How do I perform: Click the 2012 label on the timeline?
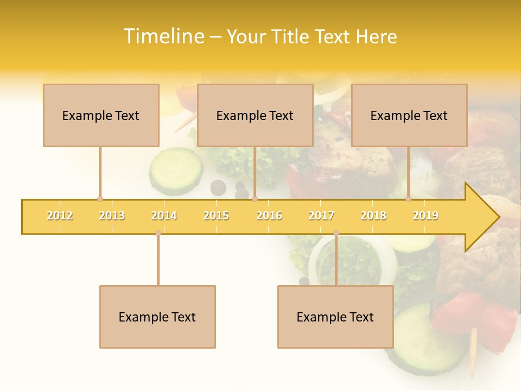click(x=60, y=216)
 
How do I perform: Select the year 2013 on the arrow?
click(x=112, y=216)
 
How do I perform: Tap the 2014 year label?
click(x=164, y=216)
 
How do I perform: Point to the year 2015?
click(x=216, y=216)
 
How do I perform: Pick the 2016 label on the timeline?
click(x=269, y=216)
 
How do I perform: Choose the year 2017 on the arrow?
click(x=321, y=216)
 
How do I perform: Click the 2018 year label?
click(x=373, y=216)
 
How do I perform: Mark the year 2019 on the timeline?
click(x=425, y=216)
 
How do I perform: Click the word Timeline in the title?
click(x=163, y=36)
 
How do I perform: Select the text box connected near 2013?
click(x=101, y=115)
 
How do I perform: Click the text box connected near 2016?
click(x=255, y=115)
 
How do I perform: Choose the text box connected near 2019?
click(x=409, y=115)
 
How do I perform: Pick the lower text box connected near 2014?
click(x=157, y=317)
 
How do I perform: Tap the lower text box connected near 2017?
click(x=335, y=317)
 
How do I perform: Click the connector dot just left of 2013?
click(x=100, y=199)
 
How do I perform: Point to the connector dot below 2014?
click(x=158, y=233)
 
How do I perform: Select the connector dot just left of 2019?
click(x=409, y=199)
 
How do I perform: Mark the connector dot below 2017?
click(x=336, y=233)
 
